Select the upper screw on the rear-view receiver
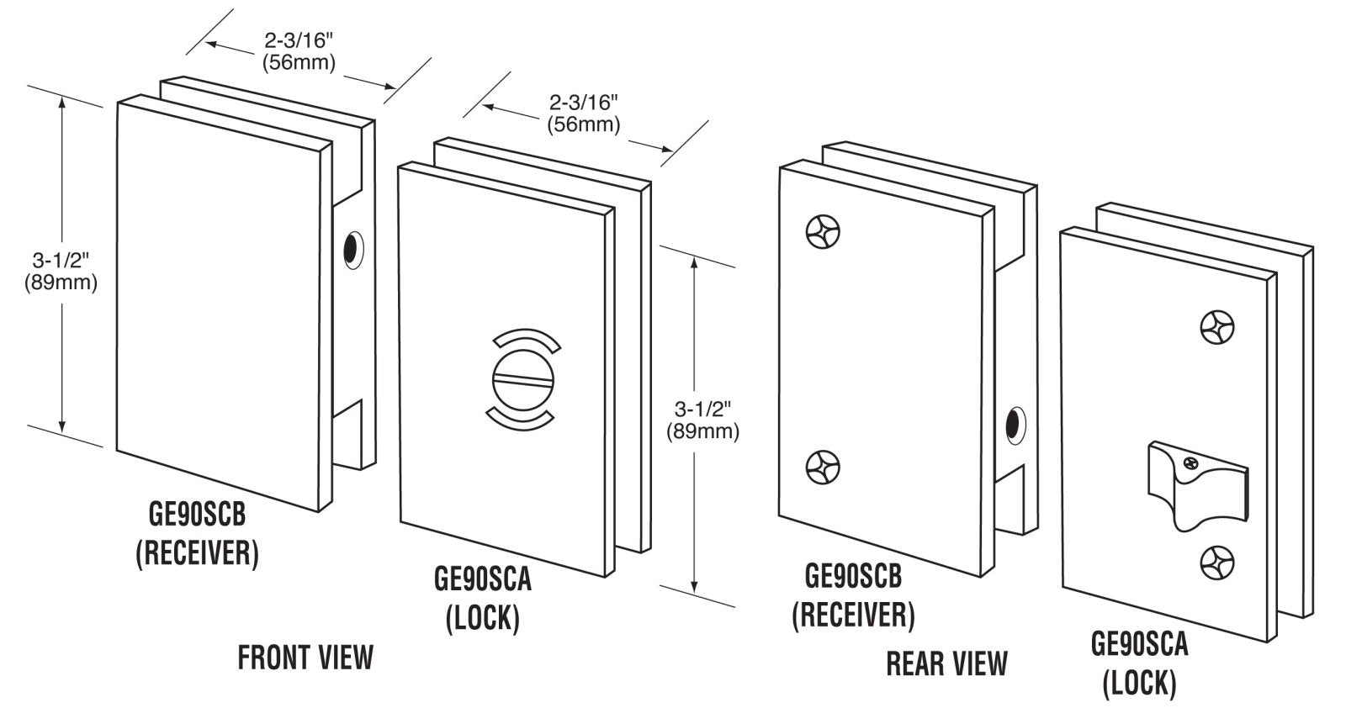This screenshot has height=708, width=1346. click(x=823, y=231)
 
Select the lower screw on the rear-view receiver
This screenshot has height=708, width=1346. click(x=823, y=467)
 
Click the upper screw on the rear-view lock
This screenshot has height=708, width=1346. click(x=1217, y=328)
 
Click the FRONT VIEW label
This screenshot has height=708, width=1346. click(x=305, y=658)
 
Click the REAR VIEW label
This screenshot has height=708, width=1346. click(x=946, y=663)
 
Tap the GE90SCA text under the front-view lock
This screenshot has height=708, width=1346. click(x=483, y=580)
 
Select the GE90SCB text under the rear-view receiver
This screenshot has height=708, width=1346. click(x=853, y=577)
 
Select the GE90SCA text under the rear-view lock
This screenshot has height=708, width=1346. click(x=1139, y=644)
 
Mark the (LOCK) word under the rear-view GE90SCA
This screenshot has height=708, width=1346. click(x=1139, y=682)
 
